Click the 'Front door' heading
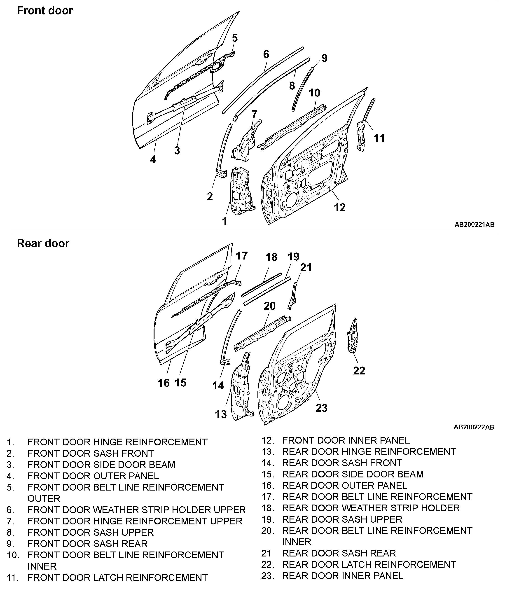pos(45,11)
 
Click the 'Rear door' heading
pos(43,243)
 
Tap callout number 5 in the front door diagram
pos(235,38)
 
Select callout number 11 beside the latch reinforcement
pos(379,138)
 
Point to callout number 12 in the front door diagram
pos(340,208)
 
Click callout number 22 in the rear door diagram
pos(359,371)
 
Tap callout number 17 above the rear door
pos(241,256)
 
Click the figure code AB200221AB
pos(474,224)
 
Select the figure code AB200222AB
pos(474,427)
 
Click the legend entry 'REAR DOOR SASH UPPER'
pos(342,519)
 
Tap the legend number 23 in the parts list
pos(267,576)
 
